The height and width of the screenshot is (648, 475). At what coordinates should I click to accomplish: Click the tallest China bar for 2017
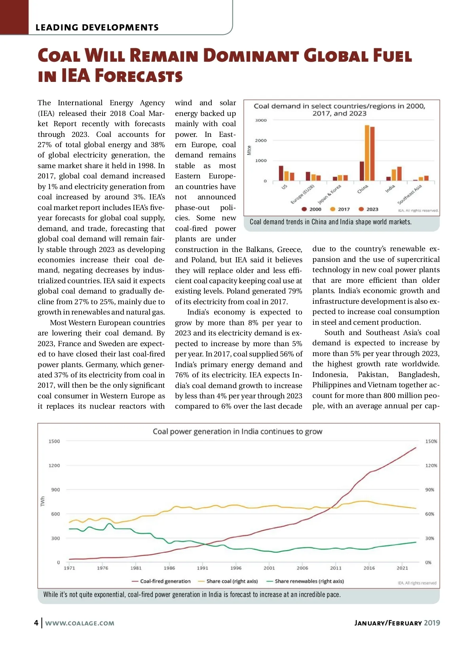pyautogui.click(x=367, y=153)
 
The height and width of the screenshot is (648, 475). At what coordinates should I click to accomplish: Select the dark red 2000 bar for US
pyautogui.click(x=281, y=173)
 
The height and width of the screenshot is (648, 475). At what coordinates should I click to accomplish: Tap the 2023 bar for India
pyautogui.click(x=399, y=174)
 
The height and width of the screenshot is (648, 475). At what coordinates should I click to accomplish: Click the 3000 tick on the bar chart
pyautogui.click(x=261, y=120)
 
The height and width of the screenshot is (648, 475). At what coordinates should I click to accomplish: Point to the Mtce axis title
pyautogui.click(x=249, y=150)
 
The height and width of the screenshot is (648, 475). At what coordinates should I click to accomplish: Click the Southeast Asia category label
pyautogui.click(x=410, y=194)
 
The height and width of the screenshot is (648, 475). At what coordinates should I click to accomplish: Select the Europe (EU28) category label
pyautogui.click(x=302, y=194)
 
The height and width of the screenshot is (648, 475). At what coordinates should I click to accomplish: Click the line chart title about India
pyautogui.click(x=237, y=431)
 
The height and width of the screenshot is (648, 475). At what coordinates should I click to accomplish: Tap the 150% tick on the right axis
pyautogui.click(x=431, y=441)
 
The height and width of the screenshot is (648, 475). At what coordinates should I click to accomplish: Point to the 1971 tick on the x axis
pyautogui.click(x=69, y=568)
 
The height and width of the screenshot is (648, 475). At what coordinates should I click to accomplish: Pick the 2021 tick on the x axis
pyautogui.click(x=402, y=568)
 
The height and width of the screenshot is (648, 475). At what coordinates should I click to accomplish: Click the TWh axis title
pyautogui.click(x=43, y=502)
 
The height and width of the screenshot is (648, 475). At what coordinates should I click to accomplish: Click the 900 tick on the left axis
pyautogui.click(x=55, y=490)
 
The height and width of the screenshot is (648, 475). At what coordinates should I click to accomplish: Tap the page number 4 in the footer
pyautogui.click(x=36, y=623)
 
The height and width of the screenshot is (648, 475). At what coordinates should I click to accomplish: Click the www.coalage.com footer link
pyautogui.click(x=80, y=623)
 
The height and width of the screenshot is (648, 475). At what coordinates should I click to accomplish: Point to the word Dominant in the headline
pyautogui.click(x=251, y=56)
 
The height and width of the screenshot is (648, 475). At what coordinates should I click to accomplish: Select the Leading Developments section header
pyautogui.click(x=97, y=27)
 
